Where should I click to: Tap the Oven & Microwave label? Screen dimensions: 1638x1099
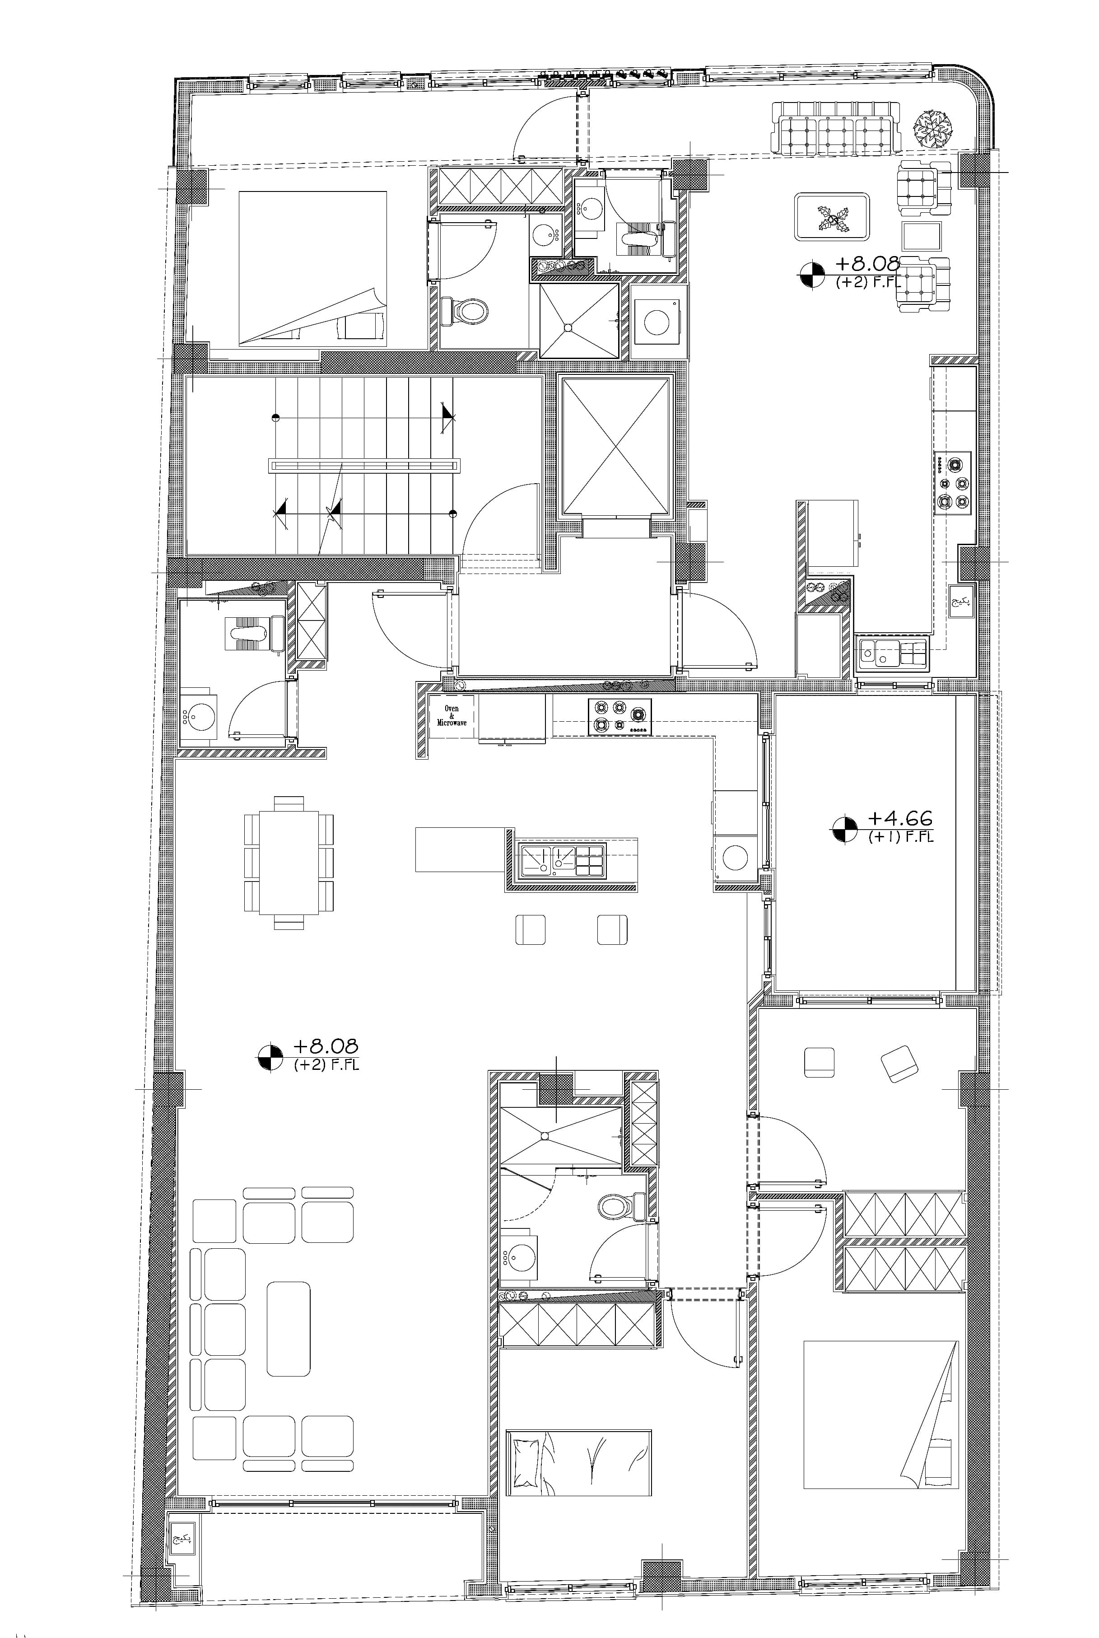452,715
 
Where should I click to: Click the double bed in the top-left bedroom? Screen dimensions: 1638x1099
312,268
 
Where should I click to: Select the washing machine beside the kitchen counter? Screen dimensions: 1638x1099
735,857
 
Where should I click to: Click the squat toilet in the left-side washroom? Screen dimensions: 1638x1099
250,633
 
